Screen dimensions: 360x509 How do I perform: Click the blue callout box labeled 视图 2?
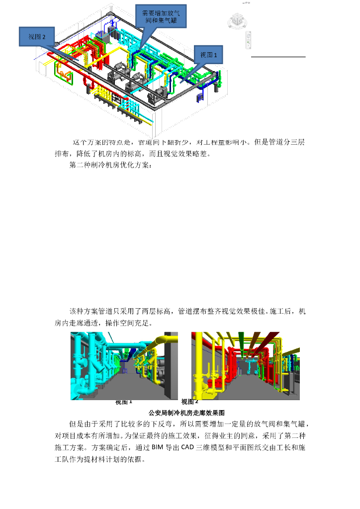[x=37, y=37]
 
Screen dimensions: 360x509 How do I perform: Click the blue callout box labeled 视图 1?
[x=208, y=55]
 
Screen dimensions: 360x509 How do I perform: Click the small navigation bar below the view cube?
[x=249, y=39]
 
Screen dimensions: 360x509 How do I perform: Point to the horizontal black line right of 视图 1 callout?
[x=278, y=57]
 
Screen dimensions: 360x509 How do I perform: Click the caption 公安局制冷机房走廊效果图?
[x=187, y=413]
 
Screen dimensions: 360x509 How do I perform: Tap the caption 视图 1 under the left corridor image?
[x=124, y=402]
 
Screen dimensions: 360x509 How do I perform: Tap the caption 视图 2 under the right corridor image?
[x=190, y=402]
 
